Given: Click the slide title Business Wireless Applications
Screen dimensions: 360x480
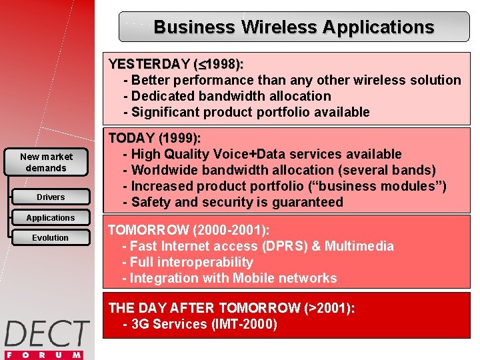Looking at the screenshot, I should tap(293, 27).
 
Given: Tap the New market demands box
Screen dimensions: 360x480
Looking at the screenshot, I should tap(46, 162).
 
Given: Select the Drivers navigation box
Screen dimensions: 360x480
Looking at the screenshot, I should tap(51, 197).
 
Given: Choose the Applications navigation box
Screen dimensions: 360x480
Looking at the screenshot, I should tap(51, 218).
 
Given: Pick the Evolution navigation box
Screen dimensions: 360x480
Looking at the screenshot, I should tap(51, 238).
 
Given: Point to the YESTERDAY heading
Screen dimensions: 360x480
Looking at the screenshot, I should tap(175, 65).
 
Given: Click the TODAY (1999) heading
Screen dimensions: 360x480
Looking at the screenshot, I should tap(155, 139).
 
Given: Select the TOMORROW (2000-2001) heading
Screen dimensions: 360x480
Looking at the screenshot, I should tap(189, 231).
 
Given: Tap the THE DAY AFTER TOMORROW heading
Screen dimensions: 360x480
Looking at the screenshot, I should tap(231, 308).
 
